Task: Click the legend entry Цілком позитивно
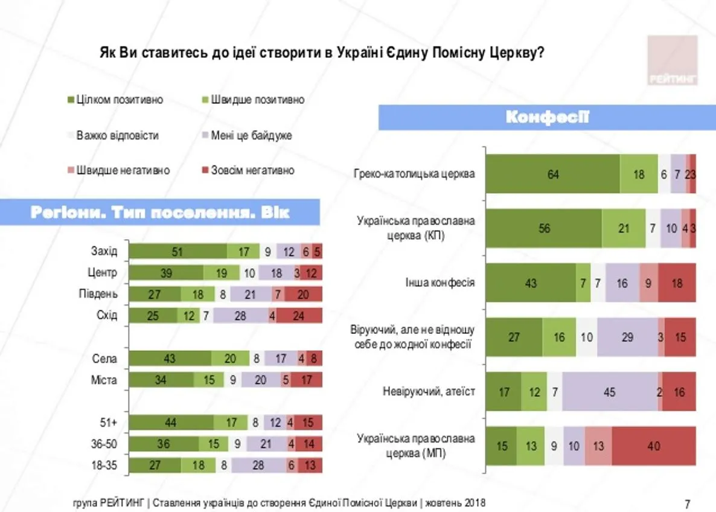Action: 115,100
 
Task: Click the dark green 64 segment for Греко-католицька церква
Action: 553,174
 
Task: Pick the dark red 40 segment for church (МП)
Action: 653,447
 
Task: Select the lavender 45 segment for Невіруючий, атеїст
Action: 609,392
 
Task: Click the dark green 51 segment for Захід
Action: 178,252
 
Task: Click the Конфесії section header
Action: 547,118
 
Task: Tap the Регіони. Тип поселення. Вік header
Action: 159,213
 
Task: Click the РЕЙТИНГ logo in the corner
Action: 673,60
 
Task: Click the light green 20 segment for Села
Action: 229,359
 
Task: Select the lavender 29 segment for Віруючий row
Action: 627,337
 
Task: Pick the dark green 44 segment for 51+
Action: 171,423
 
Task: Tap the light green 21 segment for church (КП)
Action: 623,228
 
